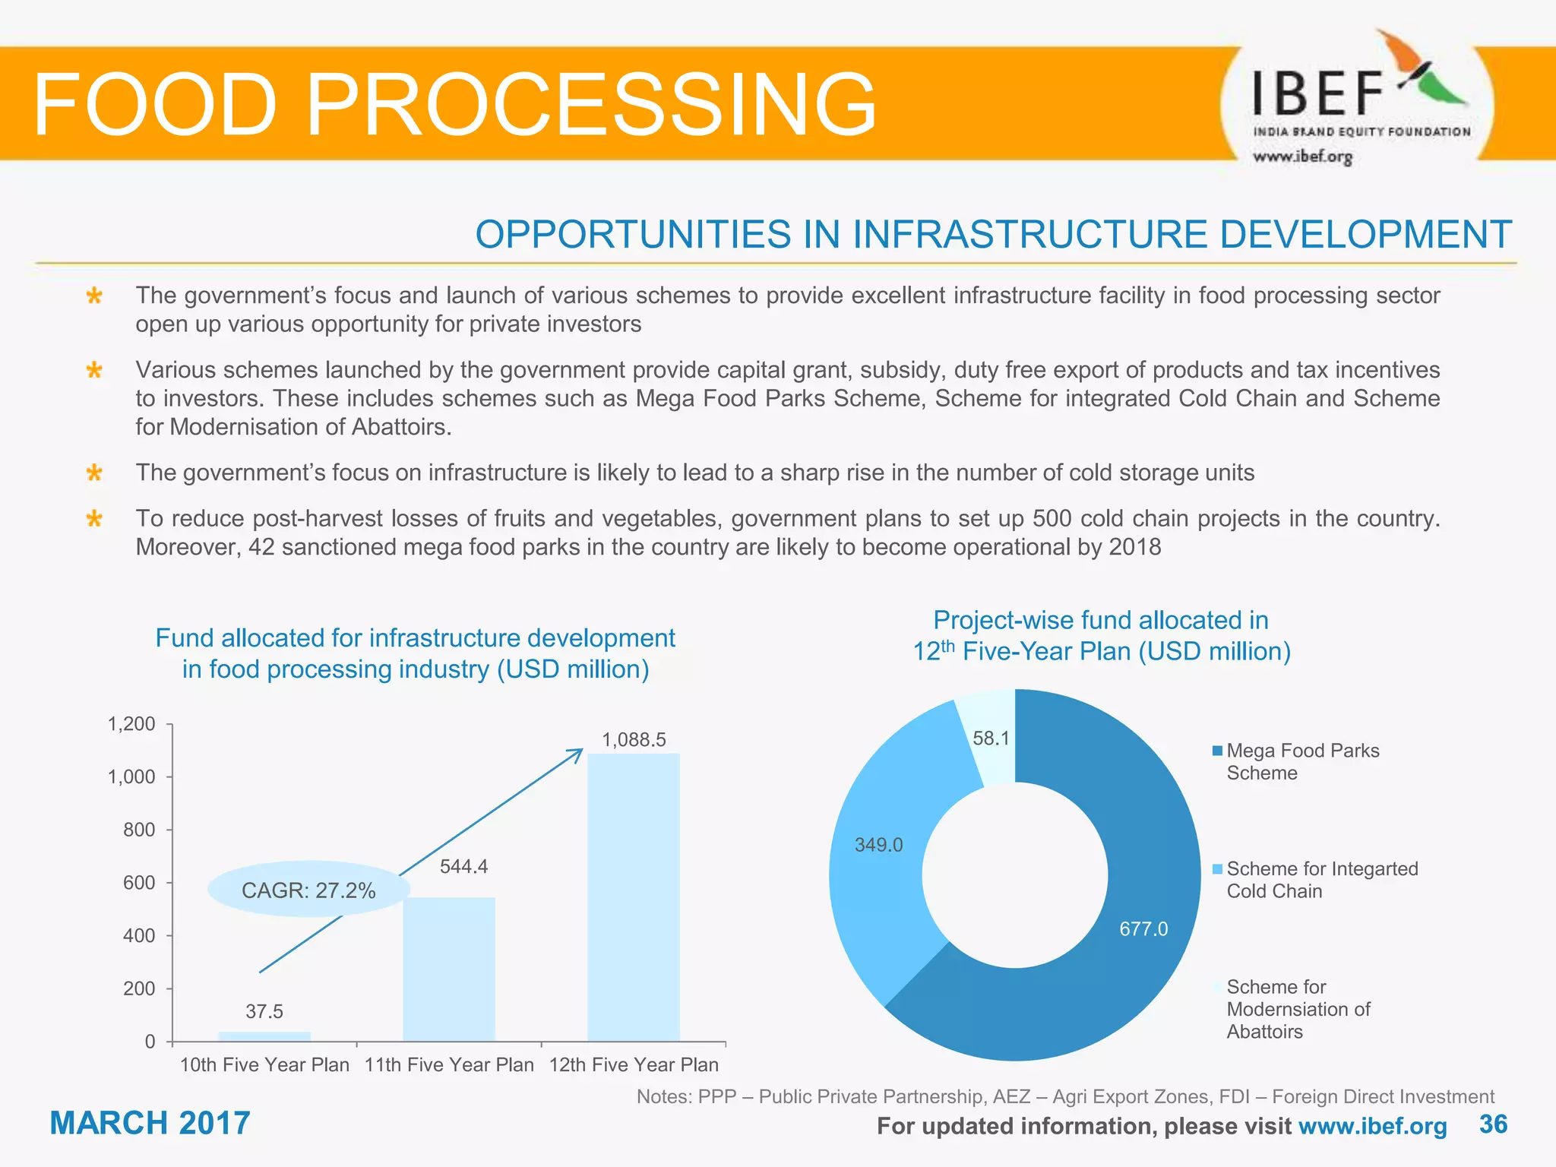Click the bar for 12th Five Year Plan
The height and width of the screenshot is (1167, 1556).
click(x=633, y=897)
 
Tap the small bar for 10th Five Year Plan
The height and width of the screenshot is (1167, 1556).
click(x=264, y=1036)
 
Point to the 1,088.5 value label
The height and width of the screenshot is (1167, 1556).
click(x=634, y=739)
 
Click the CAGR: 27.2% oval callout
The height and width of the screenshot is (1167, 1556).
click(x=308, y=890)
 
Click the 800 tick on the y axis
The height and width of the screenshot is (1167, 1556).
click(x=139, y=830)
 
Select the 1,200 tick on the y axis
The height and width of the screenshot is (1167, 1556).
click(x=131, y=724)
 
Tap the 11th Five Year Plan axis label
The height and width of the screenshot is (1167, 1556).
click(x=448, y=1064)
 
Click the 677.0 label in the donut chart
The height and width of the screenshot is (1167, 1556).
click(x=1143, y=928)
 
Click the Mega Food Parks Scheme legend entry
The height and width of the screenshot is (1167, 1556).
click(x=1302, y=761)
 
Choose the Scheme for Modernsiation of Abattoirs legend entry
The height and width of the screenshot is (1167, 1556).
click(x=1298, y=1008)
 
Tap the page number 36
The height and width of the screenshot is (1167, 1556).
click(x=1492, y=1124)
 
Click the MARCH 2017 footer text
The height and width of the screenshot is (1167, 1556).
click(x=150, y=1123)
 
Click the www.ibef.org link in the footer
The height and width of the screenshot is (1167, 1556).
click(x=1372, y=1125)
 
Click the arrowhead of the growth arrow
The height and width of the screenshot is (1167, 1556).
click(x=579, y=752)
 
